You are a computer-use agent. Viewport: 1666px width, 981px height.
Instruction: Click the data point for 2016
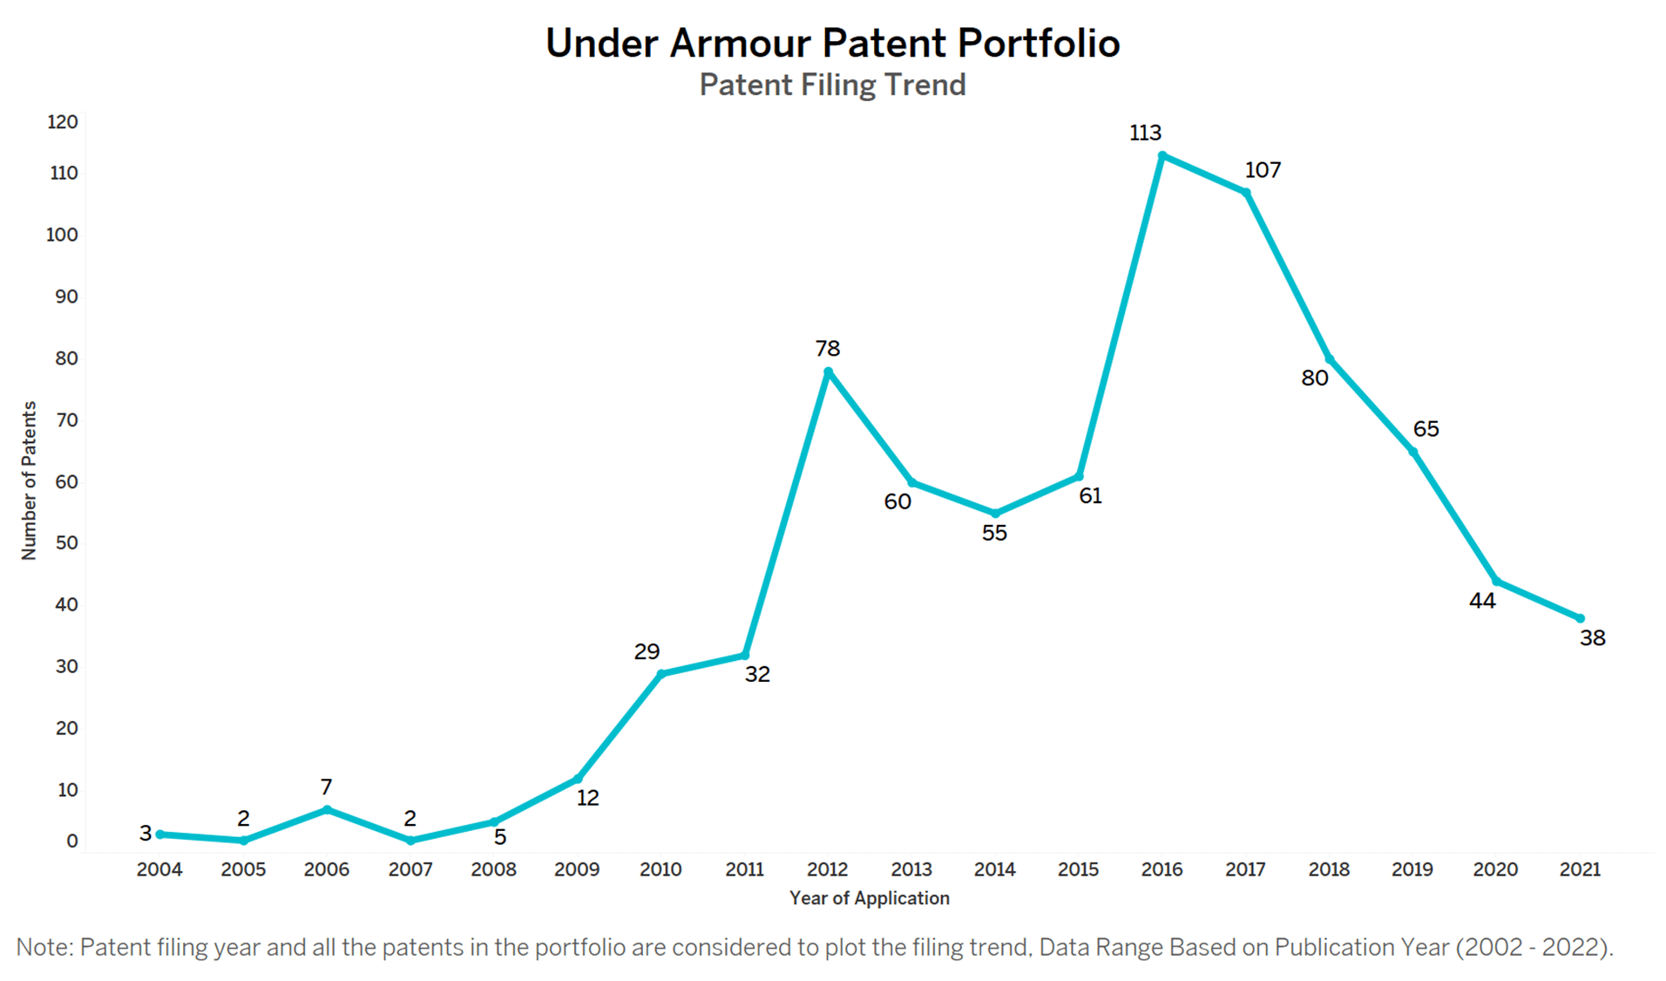1161,156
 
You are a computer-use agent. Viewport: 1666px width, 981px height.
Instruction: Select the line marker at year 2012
828,372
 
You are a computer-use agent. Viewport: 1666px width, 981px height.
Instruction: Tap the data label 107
1263,170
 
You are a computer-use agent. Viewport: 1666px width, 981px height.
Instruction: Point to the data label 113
1145,133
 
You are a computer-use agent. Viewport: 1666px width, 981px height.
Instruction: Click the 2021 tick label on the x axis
1579,869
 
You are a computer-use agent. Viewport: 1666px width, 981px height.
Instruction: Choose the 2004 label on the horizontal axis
159,869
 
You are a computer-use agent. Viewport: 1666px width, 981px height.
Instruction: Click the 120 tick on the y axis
63,122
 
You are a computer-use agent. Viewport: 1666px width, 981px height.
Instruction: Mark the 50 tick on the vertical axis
66,542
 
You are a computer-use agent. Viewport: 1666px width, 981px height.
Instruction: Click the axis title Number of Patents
30,480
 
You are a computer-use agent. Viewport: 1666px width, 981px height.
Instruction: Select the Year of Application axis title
869,898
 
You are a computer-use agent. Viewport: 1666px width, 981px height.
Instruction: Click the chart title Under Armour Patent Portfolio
832,43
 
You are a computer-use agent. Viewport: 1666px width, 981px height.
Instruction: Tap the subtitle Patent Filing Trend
832,85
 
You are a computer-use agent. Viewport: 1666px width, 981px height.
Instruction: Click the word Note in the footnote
44,947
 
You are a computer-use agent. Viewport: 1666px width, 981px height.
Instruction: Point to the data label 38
1592,638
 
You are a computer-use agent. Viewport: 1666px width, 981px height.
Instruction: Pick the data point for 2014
995,514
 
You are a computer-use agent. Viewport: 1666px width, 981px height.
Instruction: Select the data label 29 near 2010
647,651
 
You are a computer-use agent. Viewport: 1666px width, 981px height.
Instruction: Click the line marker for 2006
327,810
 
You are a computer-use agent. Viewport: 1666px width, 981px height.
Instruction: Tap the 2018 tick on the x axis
1329,869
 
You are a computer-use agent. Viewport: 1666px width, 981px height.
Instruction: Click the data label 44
1481,601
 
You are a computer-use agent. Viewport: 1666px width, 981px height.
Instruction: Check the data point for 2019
1412,452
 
